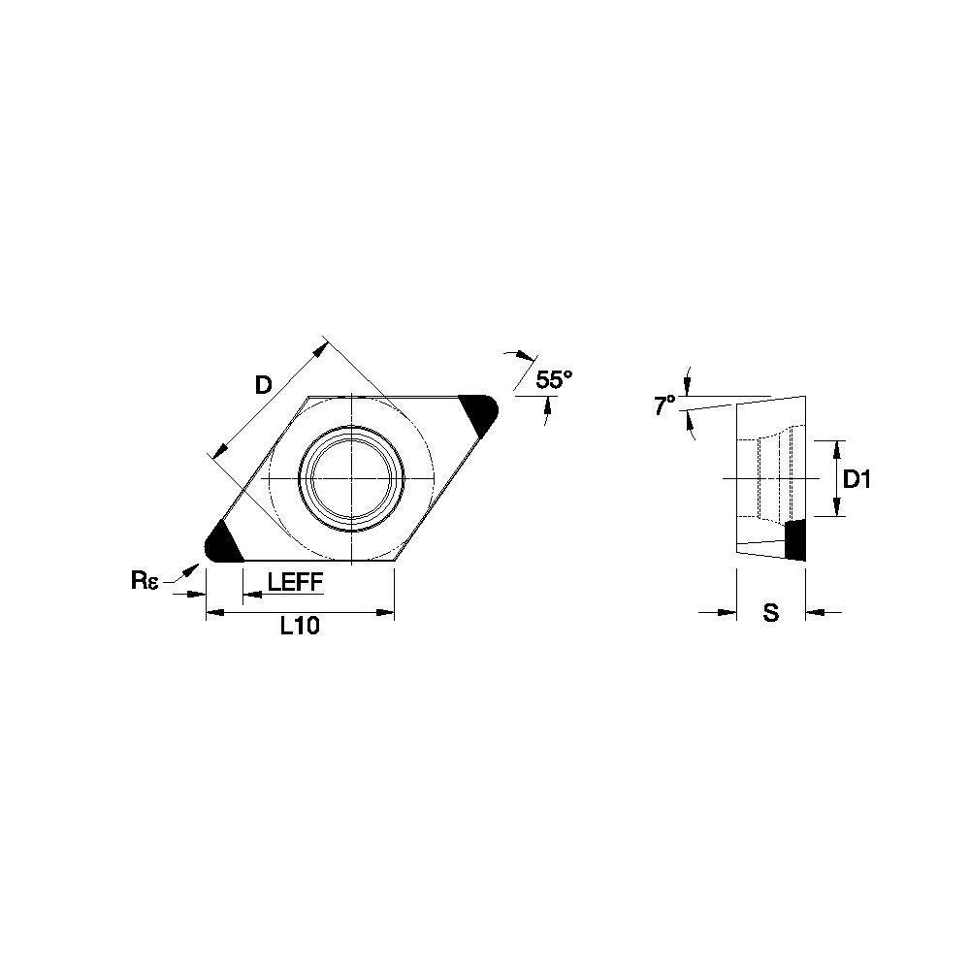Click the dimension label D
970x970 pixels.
[264, 385]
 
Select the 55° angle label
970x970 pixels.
[554, 379]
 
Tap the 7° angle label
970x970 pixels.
[664, 405]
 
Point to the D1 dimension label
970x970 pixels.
[857, 479]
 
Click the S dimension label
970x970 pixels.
[770, 612]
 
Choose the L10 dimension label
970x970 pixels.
[300, 626]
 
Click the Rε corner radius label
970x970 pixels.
[145, 581]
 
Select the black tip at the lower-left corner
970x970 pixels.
[222, 542]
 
